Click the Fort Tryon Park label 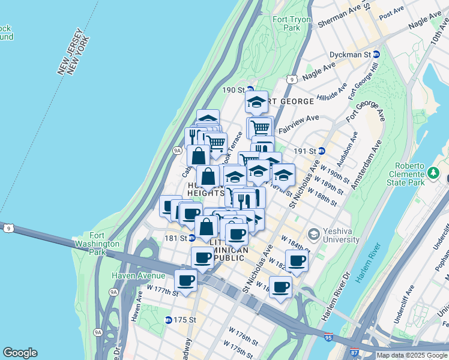click(285, 23)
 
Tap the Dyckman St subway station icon click(376, 54)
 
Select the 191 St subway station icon click(321, 151)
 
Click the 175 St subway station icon click(169, 320)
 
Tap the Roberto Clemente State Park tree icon click(433, 173)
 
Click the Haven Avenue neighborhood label click(138, 275)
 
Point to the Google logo click(20, 353)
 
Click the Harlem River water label click(367, 262)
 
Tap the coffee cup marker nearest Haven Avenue click(185, 280)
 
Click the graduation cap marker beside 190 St click(256, 101)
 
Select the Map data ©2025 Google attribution click(412, 355)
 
